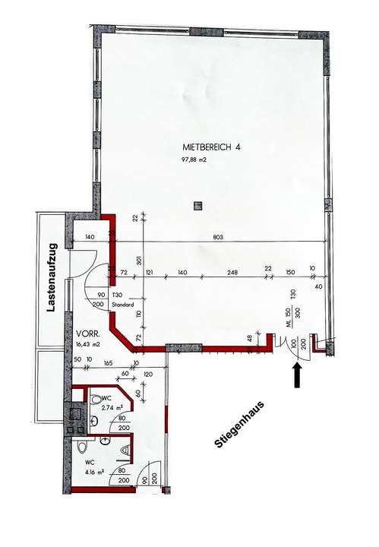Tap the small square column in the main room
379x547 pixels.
[x=198, y=204]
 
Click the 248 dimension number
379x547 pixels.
[x=232, y=271]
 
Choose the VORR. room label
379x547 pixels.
[x=89, y=334]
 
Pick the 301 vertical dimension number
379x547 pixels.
[x=140, y=263]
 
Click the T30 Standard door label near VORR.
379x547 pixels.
[x=122, y=299]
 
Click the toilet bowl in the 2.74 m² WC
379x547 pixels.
[x=96, y=399]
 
